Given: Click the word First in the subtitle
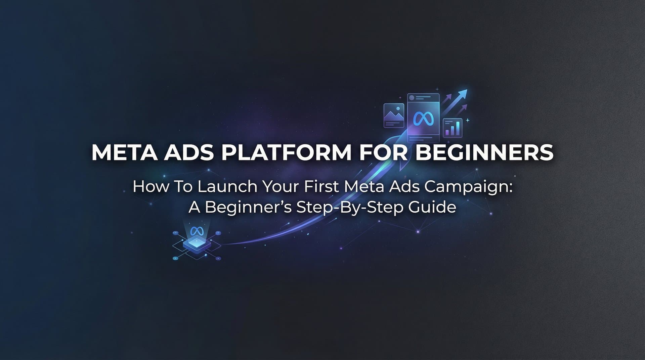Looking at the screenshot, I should pyautogui.click(x=321, y=187).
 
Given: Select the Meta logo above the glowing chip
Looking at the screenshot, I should pyautogui.click(x=197, y=231).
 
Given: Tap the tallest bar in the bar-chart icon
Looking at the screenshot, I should pyautogui.click(x=458, y=128).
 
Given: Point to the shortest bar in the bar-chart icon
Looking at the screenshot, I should pyautogui.click(x=447, y=132).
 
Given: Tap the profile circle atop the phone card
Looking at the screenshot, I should pyautogui.click(x=412, y=98).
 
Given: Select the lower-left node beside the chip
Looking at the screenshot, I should pyautogui.click(x=175, y=258).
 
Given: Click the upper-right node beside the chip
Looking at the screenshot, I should pyautogui.click(x=219, y=233).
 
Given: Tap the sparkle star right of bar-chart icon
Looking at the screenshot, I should pyautogui.click(x=467, y=120).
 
